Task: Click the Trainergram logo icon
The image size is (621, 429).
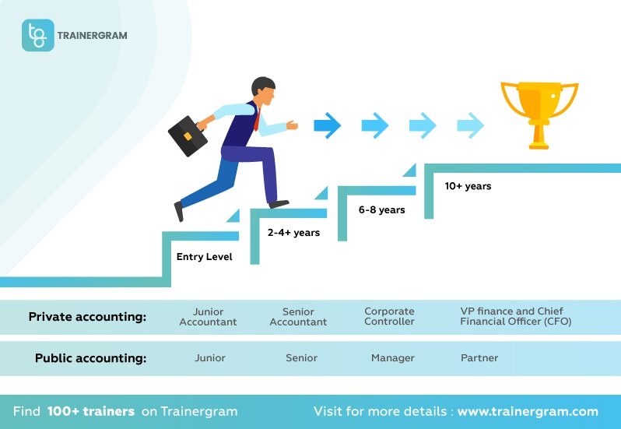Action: point(37,35)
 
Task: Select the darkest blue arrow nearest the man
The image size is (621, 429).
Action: point(327,125)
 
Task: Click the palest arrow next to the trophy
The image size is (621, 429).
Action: point(470,125)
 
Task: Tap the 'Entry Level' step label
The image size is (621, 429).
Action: point(204,257)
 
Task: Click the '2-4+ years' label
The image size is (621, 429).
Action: point(293,233)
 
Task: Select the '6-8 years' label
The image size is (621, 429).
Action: point(381,209)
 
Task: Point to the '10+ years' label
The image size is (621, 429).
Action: point(468,186)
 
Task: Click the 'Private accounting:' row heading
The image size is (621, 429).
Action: point(87,317)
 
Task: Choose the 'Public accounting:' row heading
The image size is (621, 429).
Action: point(90,358)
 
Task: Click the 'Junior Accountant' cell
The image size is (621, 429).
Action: point(208,317)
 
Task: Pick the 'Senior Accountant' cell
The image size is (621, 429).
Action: point(298,317)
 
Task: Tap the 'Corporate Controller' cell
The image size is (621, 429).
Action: point(389,317)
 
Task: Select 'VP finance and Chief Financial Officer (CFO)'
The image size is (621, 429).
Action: point(516,317)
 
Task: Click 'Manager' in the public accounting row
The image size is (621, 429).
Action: point(392,358)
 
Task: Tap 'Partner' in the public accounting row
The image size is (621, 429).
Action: point(479,358)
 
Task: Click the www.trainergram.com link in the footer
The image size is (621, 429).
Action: point(528,411)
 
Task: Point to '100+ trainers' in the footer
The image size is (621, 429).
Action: point(90,411)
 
